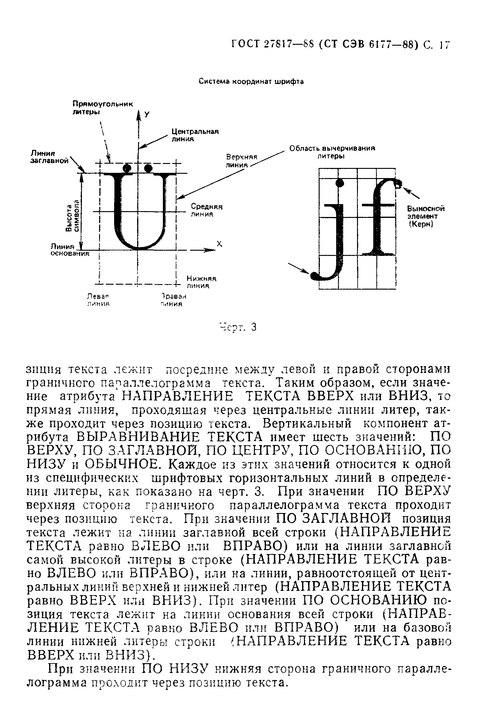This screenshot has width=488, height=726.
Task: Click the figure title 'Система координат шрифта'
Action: [x=251, y=82]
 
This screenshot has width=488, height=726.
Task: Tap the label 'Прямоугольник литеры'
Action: [x=102, y=108]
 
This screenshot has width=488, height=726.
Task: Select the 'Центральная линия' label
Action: [x=195, y=135]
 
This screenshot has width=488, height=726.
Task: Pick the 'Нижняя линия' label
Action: [x=201, y=282]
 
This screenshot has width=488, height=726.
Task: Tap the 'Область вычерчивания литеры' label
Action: [x=332, y=152]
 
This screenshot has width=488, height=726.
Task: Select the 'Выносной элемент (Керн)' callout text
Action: [x=425, y=216]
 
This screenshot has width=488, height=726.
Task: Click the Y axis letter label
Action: [x=147, y=115]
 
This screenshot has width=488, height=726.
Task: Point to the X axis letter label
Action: [x=219, y=244]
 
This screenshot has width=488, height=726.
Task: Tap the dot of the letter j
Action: [x=340, y=183]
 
